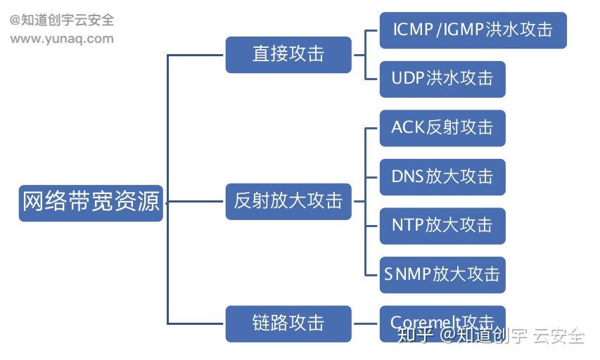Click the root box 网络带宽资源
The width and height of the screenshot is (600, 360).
coord(91,202)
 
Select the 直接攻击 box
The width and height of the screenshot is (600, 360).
coord(288,55)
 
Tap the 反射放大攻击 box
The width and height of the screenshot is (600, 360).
coord(288,201)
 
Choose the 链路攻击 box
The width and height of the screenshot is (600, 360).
coord(288,323)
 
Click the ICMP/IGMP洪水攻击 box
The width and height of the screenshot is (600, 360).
coord(473,30)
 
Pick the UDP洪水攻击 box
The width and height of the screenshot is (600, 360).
coord(442,79)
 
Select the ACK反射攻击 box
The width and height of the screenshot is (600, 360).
coord(442,128)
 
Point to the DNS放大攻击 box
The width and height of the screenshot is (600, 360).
coord(442,176)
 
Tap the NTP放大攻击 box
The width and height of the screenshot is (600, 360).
coord(442,226)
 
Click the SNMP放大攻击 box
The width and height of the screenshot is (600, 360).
coord(442,274)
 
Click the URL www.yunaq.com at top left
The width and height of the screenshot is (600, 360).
coord(62,39)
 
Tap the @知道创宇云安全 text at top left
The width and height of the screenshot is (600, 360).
coord(62,20)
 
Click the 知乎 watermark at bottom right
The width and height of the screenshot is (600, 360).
coord(414,336)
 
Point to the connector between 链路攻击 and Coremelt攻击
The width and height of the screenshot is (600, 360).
coord(365,323)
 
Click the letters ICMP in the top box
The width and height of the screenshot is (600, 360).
coord(414,30)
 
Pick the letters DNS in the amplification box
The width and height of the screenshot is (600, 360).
coord(407,176)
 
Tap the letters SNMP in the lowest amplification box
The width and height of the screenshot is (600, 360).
coord(407,274)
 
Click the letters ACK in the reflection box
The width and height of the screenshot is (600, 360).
coord(407,128)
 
